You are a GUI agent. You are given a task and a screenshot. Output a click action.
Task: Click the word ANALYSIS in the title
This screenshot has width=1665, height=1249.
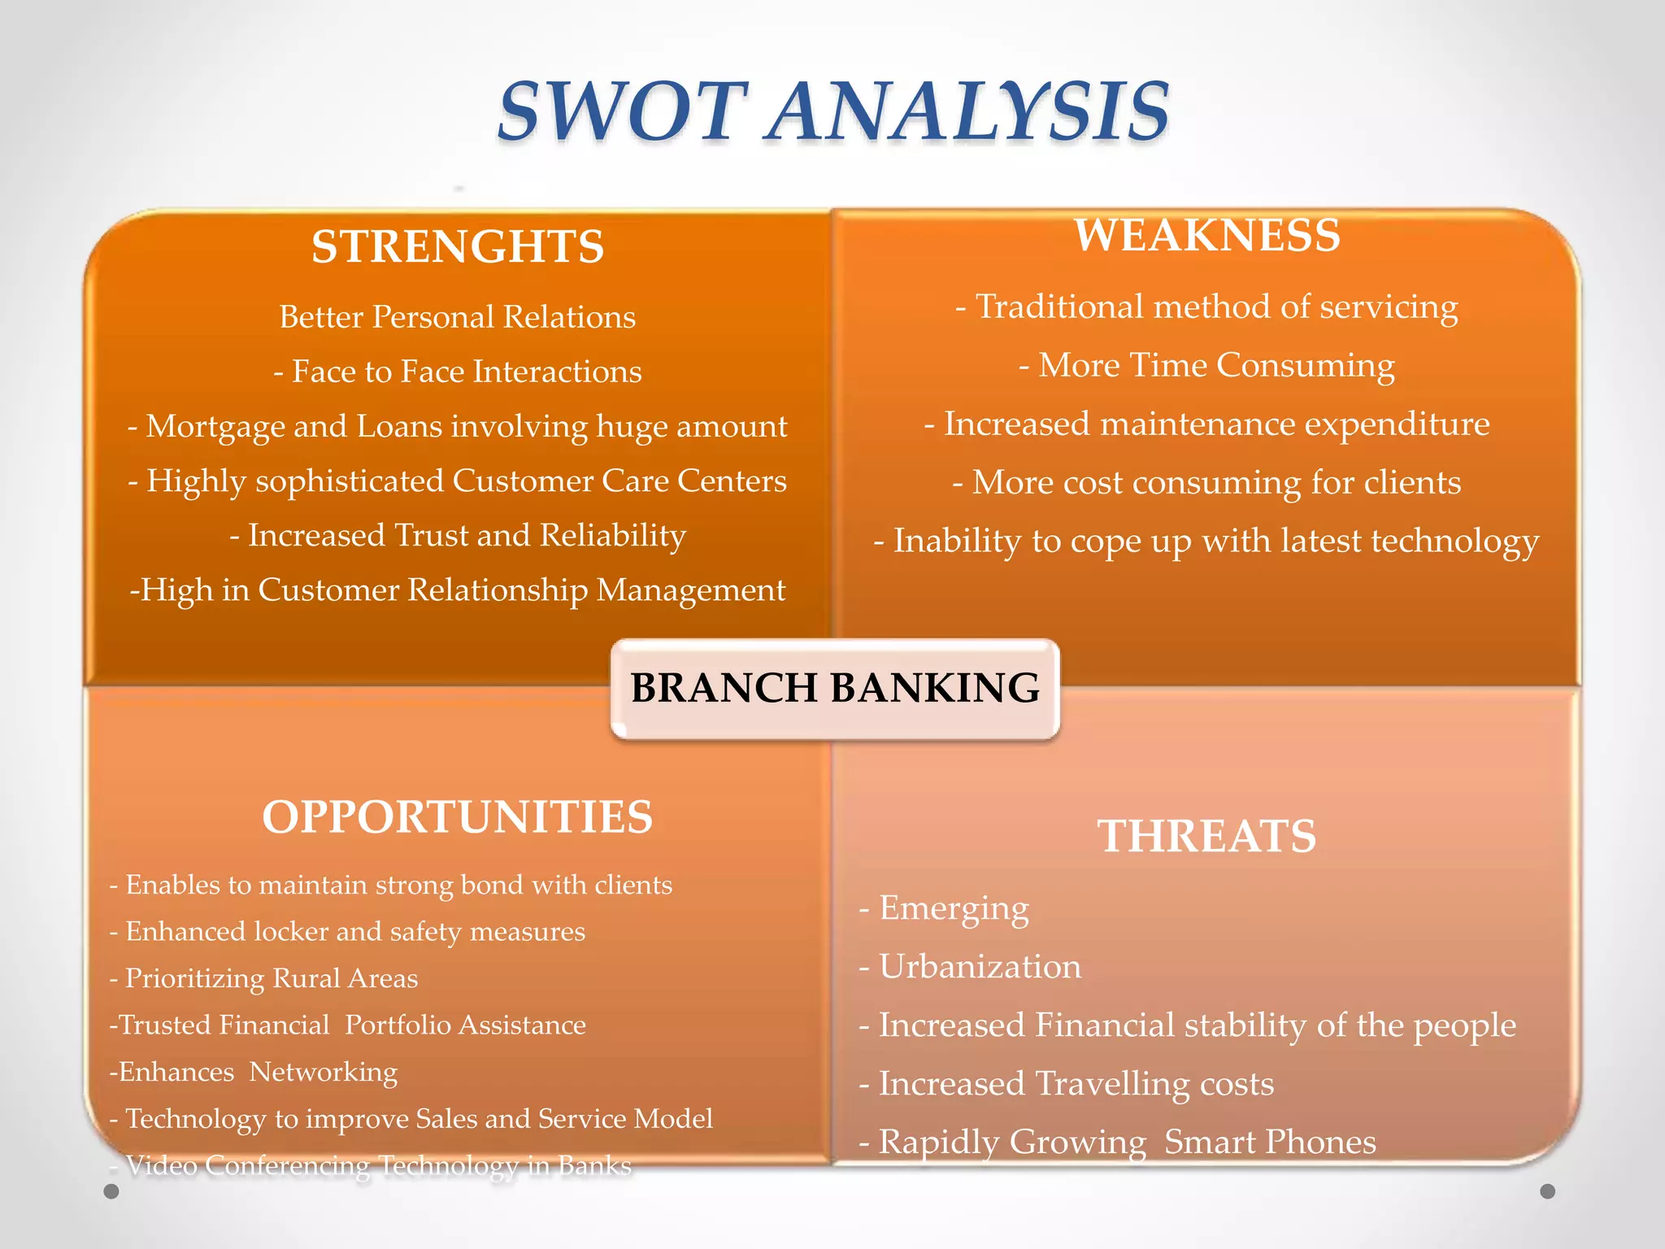pyautogui.click(x=967, y=112)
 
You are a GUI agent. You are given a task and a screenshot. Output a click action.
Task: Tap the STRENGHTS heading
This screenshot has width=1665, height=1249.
pyautogui.click(x=458, y=247)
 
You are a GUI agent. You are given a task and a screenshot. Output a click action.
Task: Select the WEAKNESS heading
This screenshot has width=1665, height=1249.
pyautogui.click(x=1206, y=236)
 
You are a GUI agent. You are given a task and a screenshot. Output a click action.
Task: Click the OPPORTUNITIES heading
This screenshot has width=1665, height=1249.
pyautogui.click(x=457, y=817)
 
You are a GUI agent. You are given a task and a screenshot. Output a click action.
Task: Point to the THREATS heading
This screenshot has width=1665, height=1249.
pyautogui.click(x=1206, y=836)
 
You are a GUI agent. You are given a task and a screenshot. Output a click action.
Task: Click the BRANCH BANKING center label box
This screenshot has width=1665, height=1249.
pyautogui.click(x=835, y=689)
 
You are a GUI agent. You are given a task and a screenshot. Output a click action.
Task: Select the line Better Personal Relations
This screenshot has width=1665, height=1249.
pyautogui.click(x=457, y=317)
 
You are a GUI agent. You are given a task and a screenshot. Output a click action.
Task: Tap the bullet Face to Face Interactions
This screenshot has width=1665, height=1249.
pyautogui.click(x=458, y=372)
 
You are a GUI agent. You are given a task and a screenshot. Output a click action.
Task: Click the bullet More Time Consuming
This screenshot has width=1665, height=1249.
pyautogui.click(x=1206, y=365)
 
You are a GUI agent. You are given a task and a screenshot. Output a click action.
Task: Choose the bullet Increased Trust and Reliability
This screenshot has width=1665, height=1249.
pyautogui.click(x=458, y=536)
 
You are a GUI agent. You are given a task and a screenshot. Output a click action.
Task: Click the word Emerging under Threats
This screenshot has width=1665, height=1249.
pyautogui.click(x=954, y=908)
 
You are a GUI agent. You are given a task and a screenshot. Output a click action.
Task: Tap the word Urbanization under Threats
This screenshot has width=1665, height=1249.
pyautogui.click(x=980, y=967)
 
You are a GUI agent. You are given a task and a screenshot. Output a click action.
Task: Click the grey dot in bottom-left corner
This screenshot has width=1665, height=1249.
pyautogui.click(x=111, y=1191)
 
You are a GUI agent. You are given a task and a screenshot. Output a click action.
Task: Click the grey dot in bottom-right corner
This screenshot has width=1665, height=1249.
pyautogui.click(x=1548, y=1191)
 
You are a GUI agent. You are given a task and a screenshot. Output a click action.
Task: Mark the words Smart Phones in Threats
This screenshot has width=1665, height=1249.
pyautogui.click(x=1270, y=1142)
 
